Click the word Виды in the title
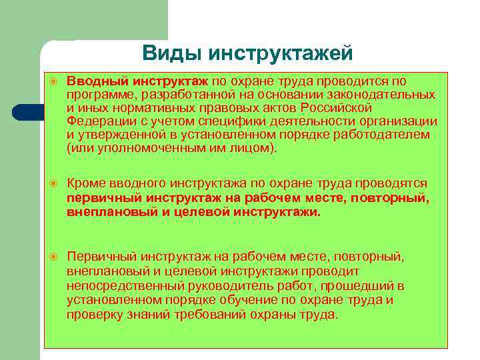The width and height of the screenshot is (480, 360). (x=170, y=53)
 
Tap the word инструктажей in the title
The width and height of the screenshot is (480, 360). (x=279, y=53)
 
